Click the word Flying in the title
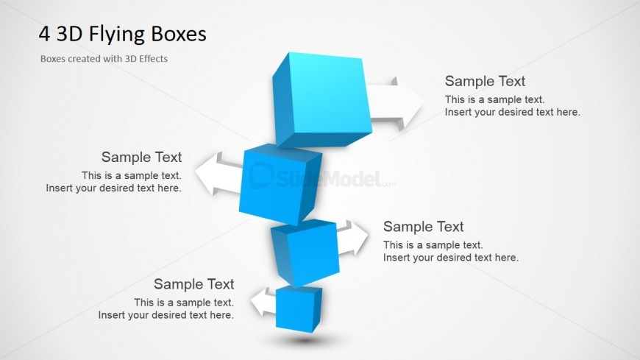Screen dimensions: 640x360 pos(117,35)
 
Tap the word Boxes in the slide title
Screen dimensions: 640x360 pos(179,34)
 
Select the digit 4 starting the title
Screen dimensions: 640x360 pos(44,34)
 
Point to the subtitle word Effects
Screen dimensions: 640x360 pos(153,59)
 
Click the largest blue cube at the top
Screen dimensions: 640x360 pos(322,99)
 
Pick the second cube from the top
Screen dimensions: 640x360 pos(280,184)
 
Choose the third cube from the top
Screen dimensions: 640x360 pos(305,253)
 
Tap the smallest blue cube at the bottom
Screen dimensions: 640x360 pos(299,308)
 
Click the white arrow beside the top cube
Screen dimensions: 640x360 pos(395,103)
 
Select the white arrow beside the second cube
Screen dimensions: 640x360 pos(218,174)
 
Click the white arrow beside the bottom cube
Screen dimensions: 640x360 pos(263,302)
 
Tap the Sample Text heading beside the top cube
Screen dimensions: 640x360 pos(485,81)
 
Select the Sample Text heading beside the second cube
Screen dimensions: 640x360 pos(142,157)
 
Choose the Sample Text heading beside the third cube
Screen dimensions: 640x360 pos(423,226)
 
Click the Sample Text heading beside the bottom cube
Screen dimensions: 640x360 pos(194,284)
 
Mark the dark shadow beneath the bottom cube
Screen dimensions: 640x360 pos(304,340)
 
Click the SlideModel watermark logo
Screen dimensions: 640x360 pos(322,176)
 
